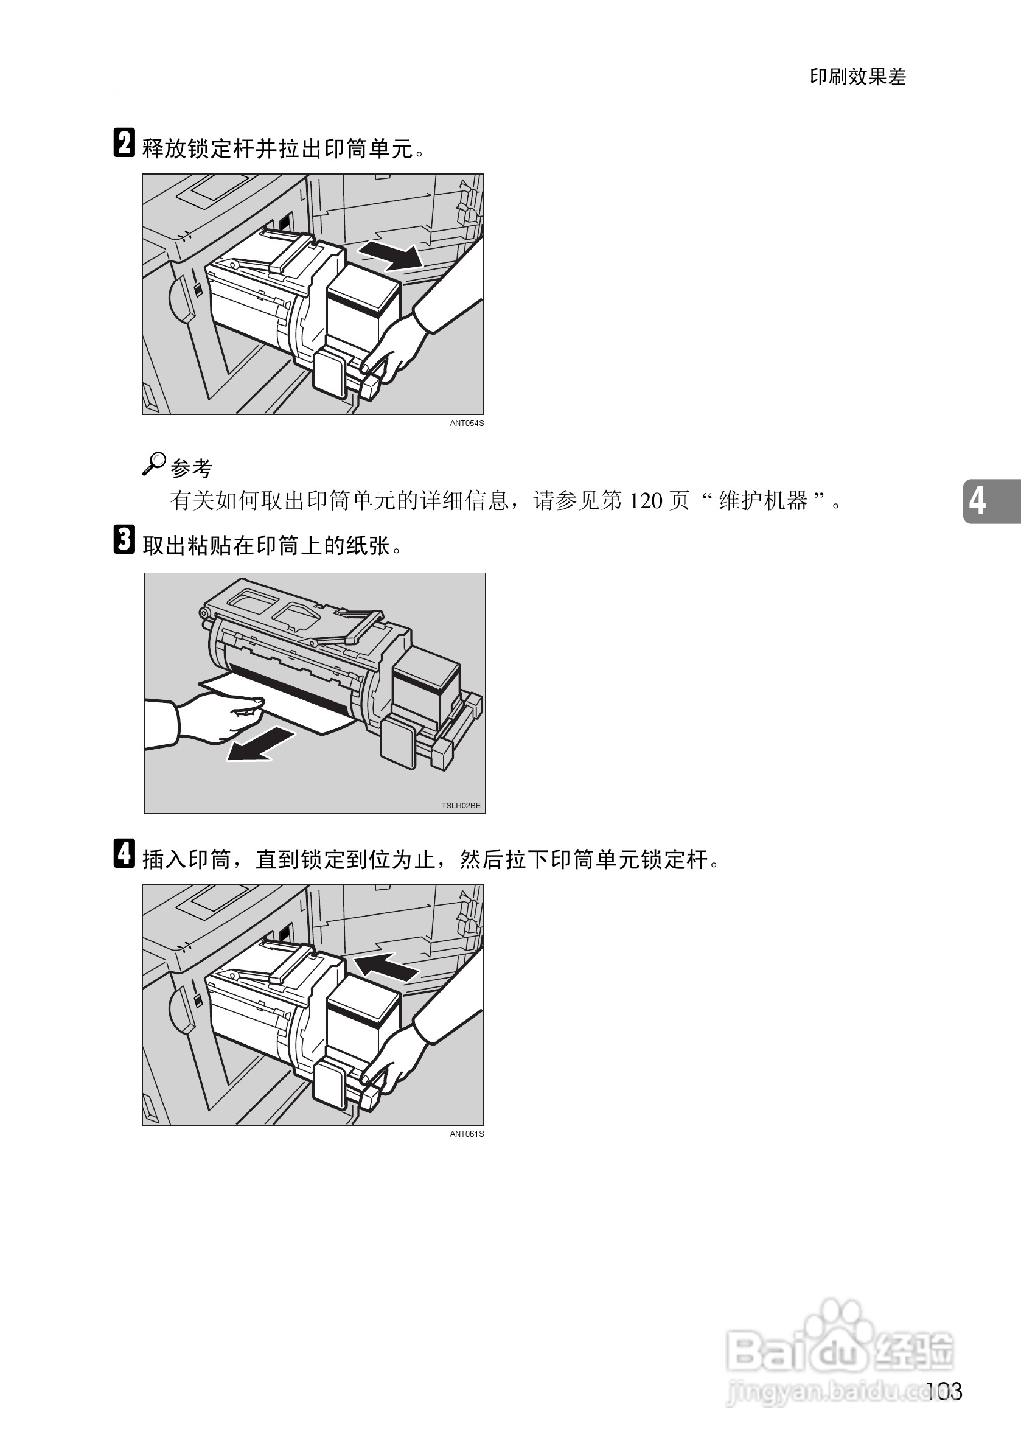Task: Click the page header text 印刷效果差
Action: tap(857, 77)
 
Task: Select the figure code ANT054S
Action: tap(466, 424)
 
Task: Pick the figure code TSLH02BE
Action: tap(461, 805)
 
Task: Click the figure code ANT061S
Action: tap(466, 1134)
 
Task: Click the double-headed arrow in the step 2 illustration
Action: tap(390, 254)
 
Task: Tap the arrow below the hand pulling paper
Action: tap(260, 744)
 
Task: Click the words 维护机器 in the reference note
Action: tap(764, 501)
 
